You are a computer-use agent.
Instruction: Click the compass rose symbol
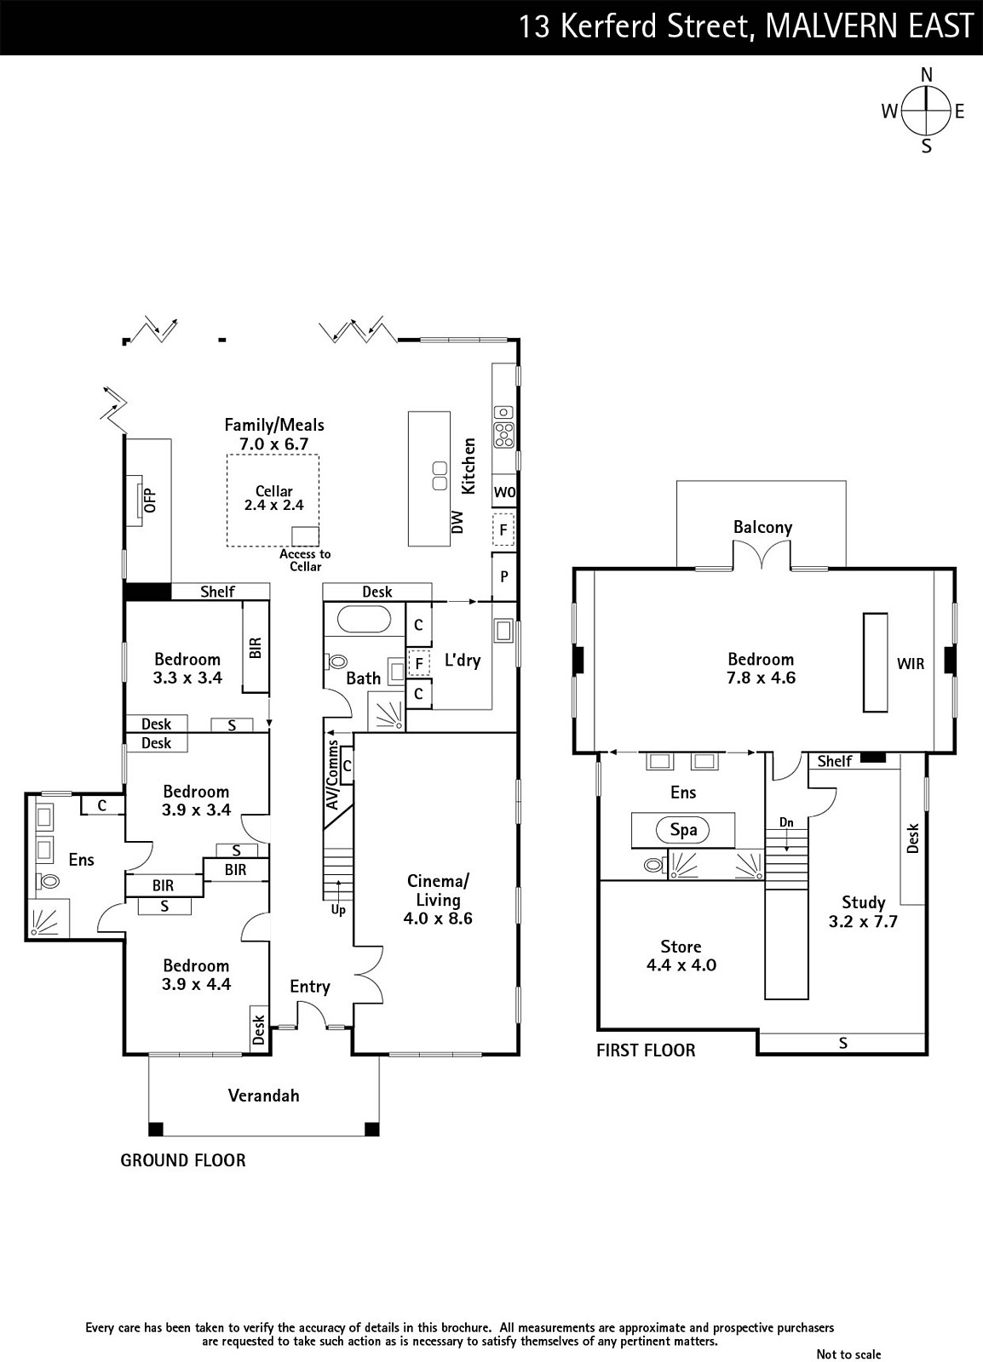(926, 111)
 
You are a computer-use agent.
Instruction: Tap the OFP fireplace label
(150, 500)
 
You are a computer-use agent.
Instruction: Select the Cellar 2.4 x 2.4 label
(273, 497)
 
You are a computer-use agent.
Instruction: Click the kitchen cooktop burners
(504, 434)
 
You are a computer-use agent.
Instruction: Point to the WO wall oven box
(504, 491)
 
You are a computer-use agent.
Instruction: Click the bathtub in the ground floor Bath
(365, 621)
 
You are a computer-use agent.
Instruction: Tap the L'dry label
(463, 661)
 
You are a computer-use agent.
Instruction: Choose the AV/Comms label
(332, 775)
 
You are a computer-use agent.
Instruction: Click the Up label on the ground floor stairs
(338, 910)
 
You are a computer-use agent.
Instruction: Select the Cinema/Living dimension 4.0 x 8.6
(438, 918)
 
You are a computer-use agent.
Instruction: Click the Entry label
(309, 987)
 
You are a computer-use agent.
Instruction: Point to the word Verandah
(263, 1096)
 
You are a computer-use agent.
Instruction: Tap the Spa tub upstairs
(683, 830)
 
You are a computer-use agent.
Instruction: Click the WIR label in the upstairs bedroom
(910, 664)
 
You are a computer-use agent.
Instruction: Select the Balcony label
(762, 527)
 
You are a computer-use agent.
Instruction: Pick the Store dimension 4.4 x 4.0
(681, 965)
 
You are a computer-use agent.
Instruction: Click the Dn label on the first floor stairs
(786, 822)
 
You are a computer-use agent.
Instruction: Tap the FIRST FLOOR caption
(646, 1050)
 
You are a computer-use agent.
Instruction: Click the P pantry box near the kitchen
(504, 576)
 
